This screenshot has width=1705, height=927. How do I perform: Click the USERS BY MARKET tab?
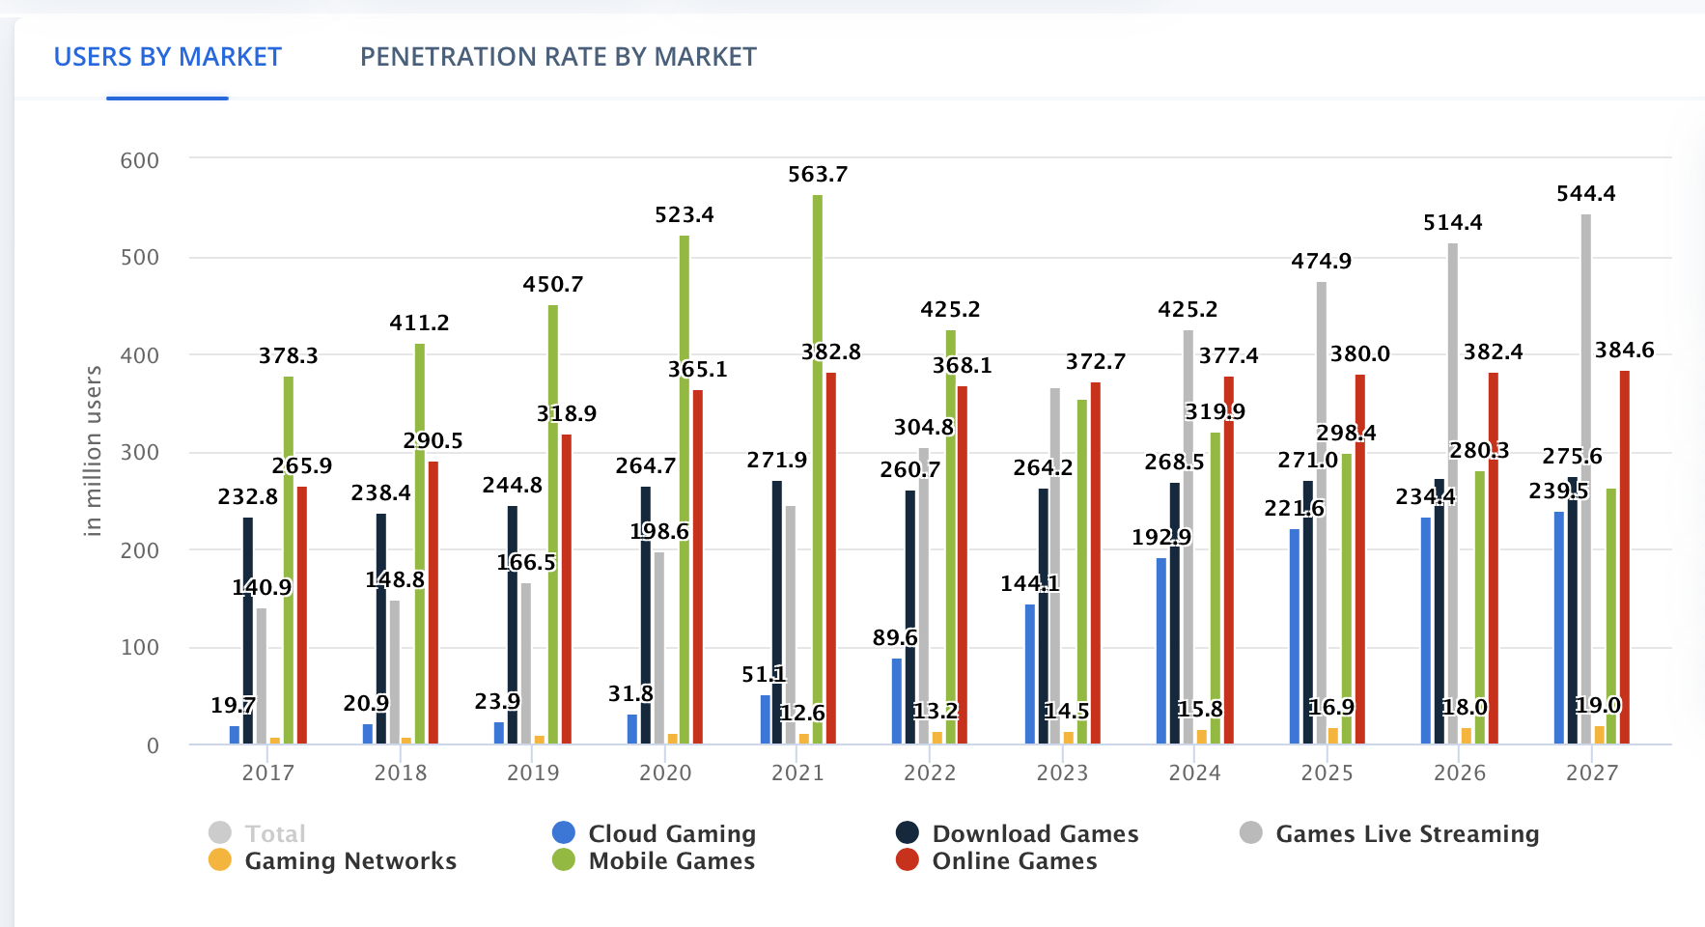168,57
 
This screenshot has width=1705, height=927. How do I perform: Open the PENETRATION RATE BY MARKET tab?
558,57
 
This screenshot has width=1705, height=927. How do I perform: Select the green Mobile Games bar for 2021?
818,463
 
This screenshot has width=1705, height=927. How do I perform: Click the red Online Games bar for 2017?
302,618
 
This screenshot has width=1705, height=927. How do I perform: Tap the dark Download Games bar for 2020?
646,618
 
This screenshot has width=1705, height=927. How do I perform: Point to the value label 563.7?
818,175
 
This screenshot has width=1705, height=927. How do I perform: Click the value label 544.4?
1586,194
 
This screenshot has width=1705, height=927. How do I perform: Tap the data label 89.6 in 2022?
895,638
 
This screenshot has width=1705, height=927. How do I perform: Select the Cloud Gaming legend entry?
671,833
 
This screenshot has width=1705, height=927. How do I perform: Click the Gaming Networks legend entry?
349,860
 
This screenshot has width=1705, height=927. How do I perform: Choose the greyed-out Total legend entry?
274,833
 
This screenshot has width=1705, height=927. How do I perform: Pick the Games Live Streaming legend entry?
1407,833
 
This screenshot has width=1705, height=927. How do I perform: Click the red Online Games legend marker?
908,859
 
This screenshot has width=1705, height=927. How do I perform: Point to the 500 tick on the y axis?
140,258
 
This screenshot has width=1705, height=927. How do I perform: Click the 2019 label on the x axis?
533,772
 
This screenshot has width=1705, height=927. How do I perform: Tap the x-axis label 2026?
1460,772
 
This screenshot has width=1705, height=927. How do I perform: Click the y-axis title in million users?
93,451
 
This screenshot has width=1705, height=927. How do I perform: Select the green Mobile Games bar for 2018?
420,541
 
